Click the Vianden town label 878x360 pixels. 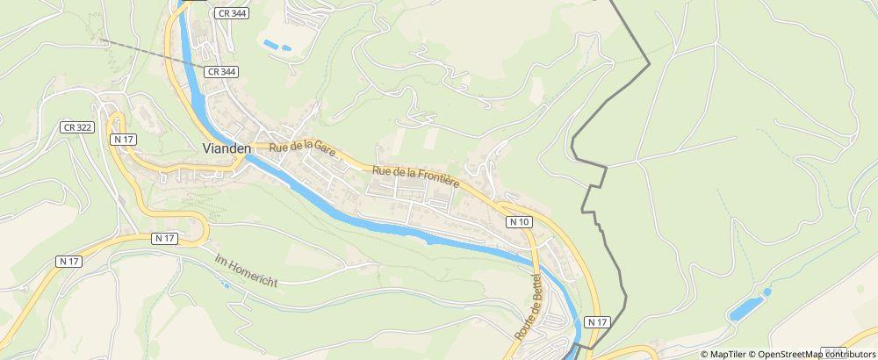point(227,148)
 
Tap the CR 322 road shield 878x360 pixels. point(77,127)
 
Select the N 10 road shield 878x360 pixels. point(519,223)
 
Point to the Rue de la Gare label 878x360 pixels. point(302,151)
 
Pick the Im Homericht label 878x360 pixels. point(246,271)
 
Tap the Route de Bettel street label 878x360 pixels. point(529,307)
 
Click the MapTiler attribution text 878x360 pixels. point(728,354)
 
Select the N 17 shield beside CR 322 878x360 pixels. point(122,139)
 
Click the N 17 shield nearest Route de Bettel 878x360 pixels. point(597,322)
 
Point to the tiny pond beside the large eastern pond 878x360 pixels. point(766,292)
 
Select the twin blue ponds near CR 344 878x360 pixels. point(277,44)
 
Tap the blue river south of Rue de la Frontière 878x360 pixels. point(421,231)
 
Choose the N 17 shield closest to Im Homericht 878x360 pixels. point(164,238)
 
